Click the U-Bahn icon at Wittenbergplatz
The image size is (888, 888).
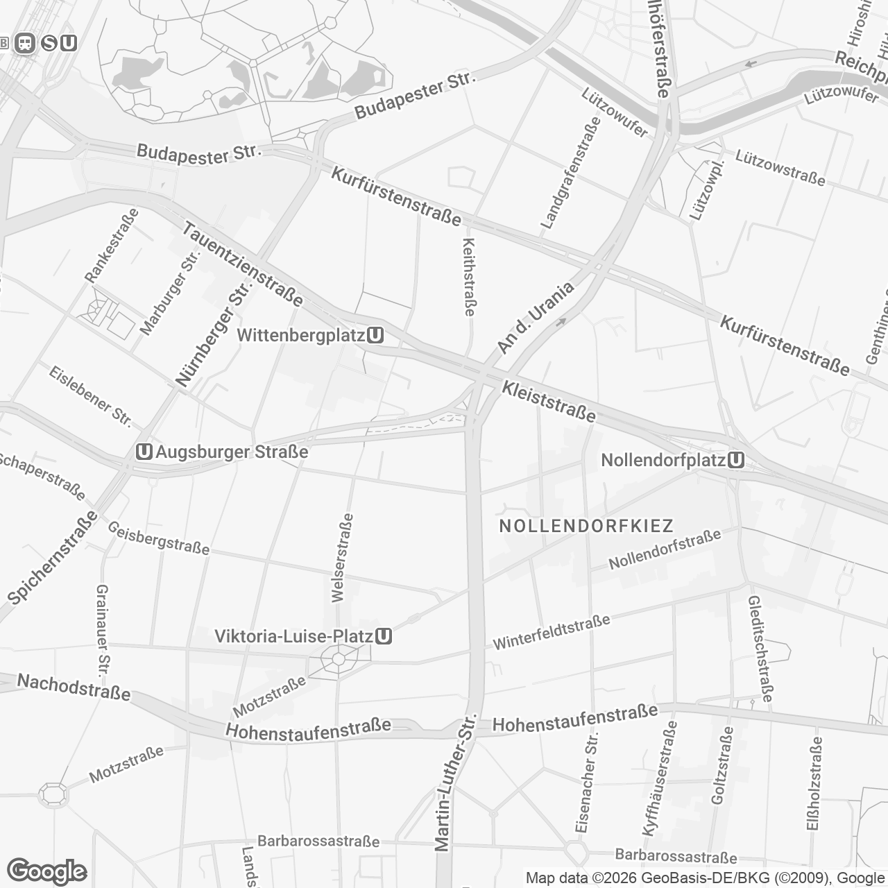coord(376,336)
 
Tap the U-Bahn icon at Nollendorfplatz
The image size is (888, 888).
coord(737,460)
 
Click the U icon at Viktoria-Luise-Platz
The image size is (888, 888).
coord(384,636)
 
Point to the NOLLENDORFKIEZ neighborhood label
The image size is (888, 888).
coord(586,526)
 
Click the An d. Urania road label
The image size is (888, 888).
coord(536,318)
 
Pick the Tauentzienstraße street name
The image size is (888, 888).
coord(243,264)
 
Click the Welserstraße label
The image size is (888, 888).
coord(343,558)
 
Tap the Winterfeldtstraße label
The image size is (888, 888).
coord(551,632)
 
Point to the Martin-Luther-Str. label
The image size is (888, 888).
coord(454,781)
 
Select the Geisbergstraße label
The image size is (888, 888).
coord(158,538)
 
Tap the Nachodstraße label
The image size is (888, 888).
coord(74,687)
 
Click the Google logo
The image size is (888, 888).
coord(46,871)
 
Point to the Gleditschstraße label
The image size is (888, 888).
coord(760,649)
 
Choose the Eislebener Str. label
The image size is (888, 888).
coord(90,395)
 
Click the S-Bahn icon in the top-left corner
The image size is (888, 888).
coord(49,43)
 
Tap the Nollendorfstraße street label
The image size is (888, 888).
coord(665,549)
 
